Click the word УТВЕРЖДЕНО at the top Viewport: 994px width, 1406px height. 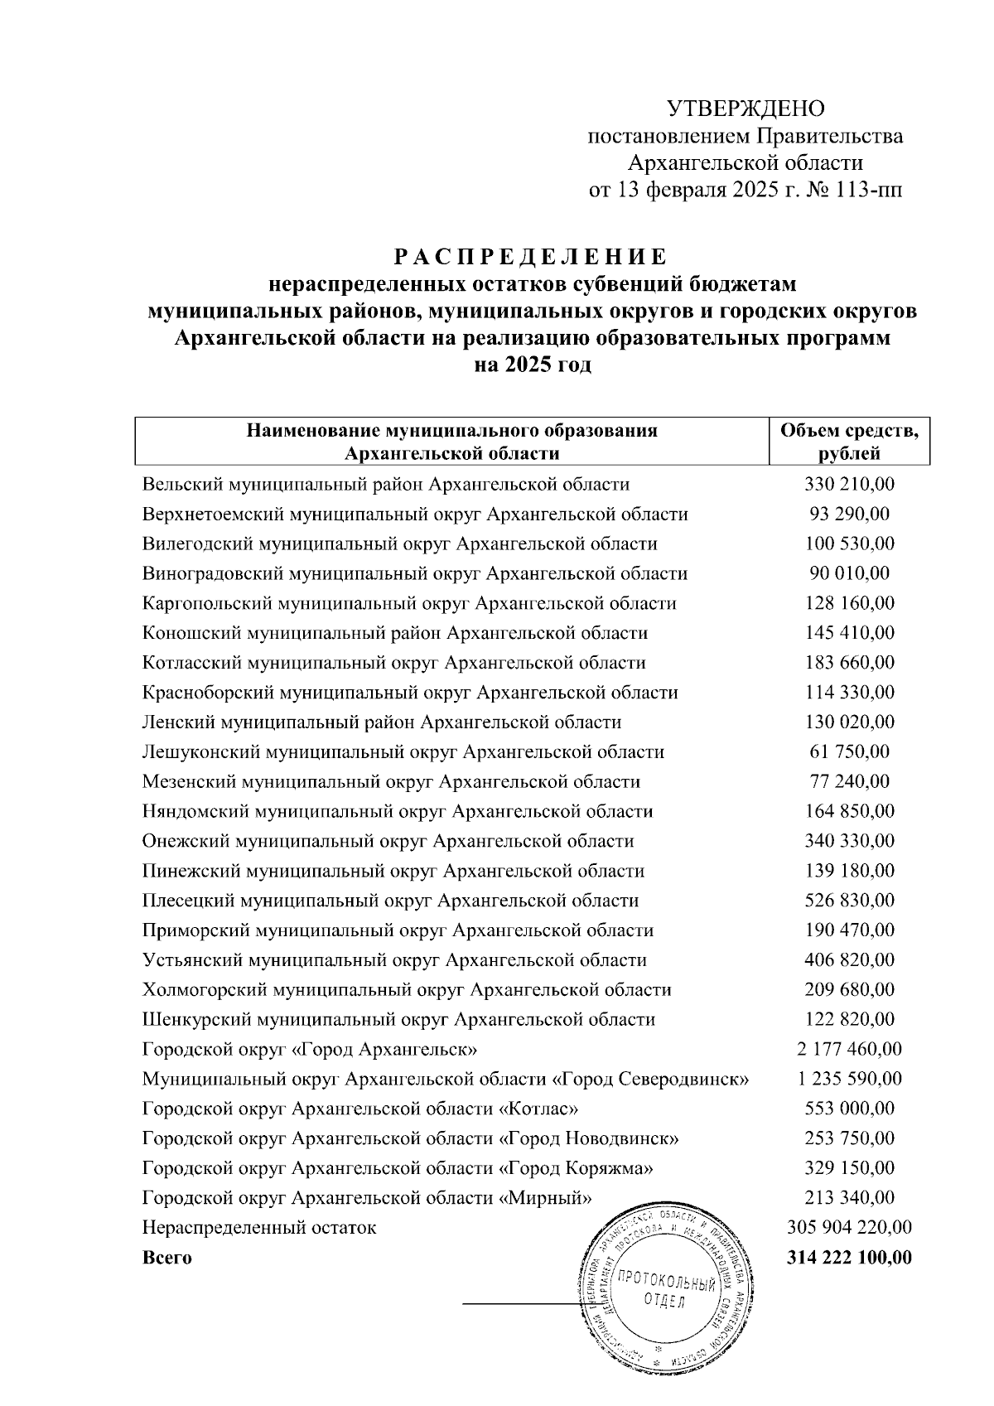[746, 108]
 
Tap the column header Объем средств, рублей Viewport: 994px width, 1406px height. [849, 442]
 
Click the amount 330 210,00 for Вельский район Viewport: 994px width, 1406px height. [849, 485]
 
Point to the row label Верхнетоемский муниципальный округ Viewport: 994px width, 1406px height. [414, 515]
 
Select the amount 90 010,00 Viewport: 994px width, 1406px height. [849, 573]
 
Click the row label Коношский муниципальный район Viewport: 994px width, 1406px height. [394, 633]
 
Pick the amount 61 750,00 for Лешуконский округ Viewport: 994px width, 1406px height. [849, 752]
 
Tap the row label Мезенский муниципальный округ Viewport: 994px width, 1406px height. [391, 782]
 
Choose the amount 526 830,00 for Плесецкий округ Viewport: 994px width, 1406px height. [849, 901]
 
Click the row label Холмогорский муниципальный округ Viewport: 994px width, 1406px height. [406, 990]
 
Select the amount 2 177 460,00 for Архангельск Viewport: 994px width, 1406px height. [849, 1050]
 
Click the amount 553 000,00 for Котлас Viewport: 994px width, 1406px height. [849, 1109]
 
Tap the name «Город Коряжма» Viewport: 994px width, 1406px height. [575, 1168]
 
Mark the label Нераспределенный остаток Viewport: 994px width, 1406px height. [258, 1228]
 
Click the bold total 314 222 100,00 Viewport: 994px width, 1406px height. [849, 1258]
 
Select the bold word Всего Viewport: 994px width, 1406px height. [166, 1258]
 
